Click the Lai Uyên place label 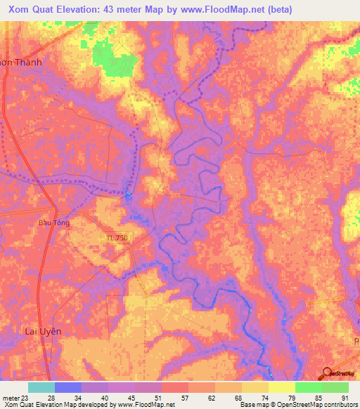(x=44, y=331)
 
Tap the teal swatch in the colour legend (x=41, y=387)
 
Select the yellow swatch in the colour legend (x=281, y=387)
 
